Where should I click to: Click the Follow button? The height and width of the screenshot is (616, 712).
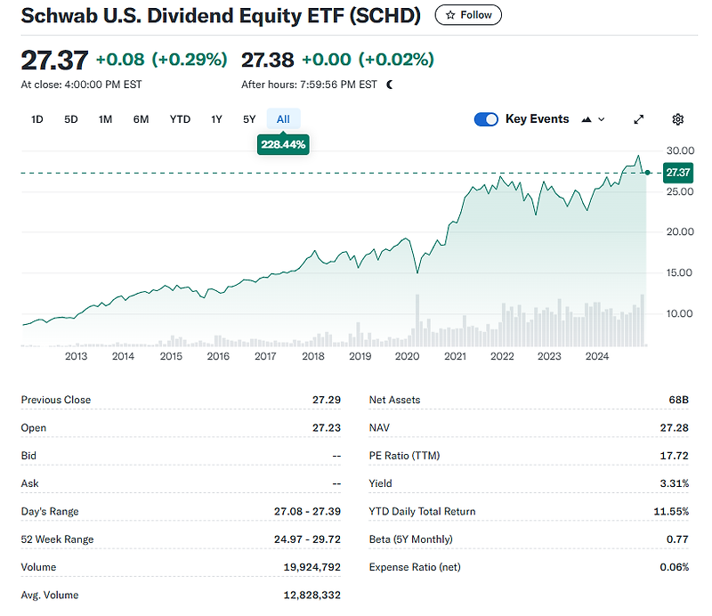coord(468,15)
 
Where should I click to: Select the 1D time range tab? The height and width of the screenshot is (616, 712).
coord(36,119)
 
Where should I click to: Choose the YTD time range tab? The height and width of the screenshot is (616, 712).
coord(180,119)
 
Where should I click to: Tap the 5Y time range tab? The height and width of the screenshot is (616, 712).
coord(249,119)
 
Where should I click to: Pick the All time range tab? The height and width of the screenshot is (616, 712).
coord(283,119)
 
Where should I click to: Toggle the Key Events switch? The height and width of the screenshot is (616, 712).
coord(486,119)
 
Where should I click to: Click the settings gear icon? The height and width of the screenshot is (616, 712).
coord(678,119)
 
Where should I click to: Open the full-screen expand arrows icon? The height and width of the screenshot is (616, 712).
coord(638,119)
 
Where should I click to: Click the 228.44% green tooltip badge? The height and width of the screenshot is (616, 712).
coord(283,144)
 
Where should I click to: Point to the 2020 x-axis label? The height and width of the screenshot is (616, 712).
coord(407,357)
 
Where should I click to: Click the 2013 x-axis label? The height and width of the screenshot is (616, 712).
coord(76,357)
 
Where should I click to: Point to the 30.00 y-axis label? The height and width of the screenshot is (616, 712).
coord(679,150)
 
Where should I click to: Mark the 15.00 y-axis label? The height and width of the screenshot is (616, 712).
coord(679,272)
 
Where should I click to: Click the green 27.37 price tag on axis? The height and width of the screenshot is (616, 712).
coord(678,173)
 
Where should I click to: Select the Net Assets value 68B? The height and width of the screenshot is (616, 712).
coord(679,401)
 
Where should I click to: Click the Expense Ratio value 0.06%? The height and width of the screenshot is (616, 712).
coord(674,567)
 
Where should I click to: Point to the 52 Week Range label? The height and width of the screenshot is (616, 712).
coord(57,539)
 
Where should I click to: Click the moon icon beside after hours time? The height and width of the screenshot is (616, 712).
coord(390,85)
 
